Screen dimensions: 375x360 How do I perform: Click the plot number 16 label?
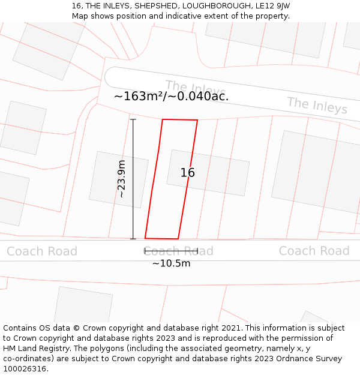pyautogui.click(x=188, y=173)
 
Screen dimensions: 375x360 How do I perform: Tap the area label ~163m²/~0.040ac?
pyautogui.click(x=171, y=96)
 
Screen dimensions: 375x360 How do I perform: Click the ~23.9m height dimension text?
pyautogui.click(x=121, y=179)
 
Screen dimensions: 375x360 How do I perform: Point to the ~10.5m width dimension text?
pyautogui.click(x=171, y=263)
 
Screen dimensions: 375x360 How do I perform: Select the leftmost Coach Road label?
pyautogui.click(x=42, y=251)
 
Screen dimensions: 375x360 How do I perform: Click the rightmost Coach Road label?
pyautogui.click(x=314, y=251)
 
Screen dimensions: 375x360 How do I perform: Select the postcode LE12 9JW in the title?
pyautogui.click(x=272, y=6)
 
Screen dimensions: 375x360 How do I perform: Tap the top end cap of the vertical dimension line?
pyautogui.click(x=133, y=119)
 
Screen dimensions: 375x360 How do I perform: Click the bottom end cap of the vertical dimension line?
pyautogui.click(x=133, y=239)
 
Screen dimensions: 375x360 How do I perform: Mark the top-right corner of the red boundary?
pyautogui.click(x=197, y=120)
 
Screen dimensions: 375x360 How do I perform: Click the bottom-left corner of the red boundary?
pyautogui.click(x=145, y=238)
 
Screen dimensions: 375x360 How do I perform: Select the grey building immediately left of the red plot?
pyautogui.click(x=119, y=180)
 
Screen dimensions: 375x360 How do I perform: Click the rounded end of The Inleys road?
pyautogui.click(x=110, y=77)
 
